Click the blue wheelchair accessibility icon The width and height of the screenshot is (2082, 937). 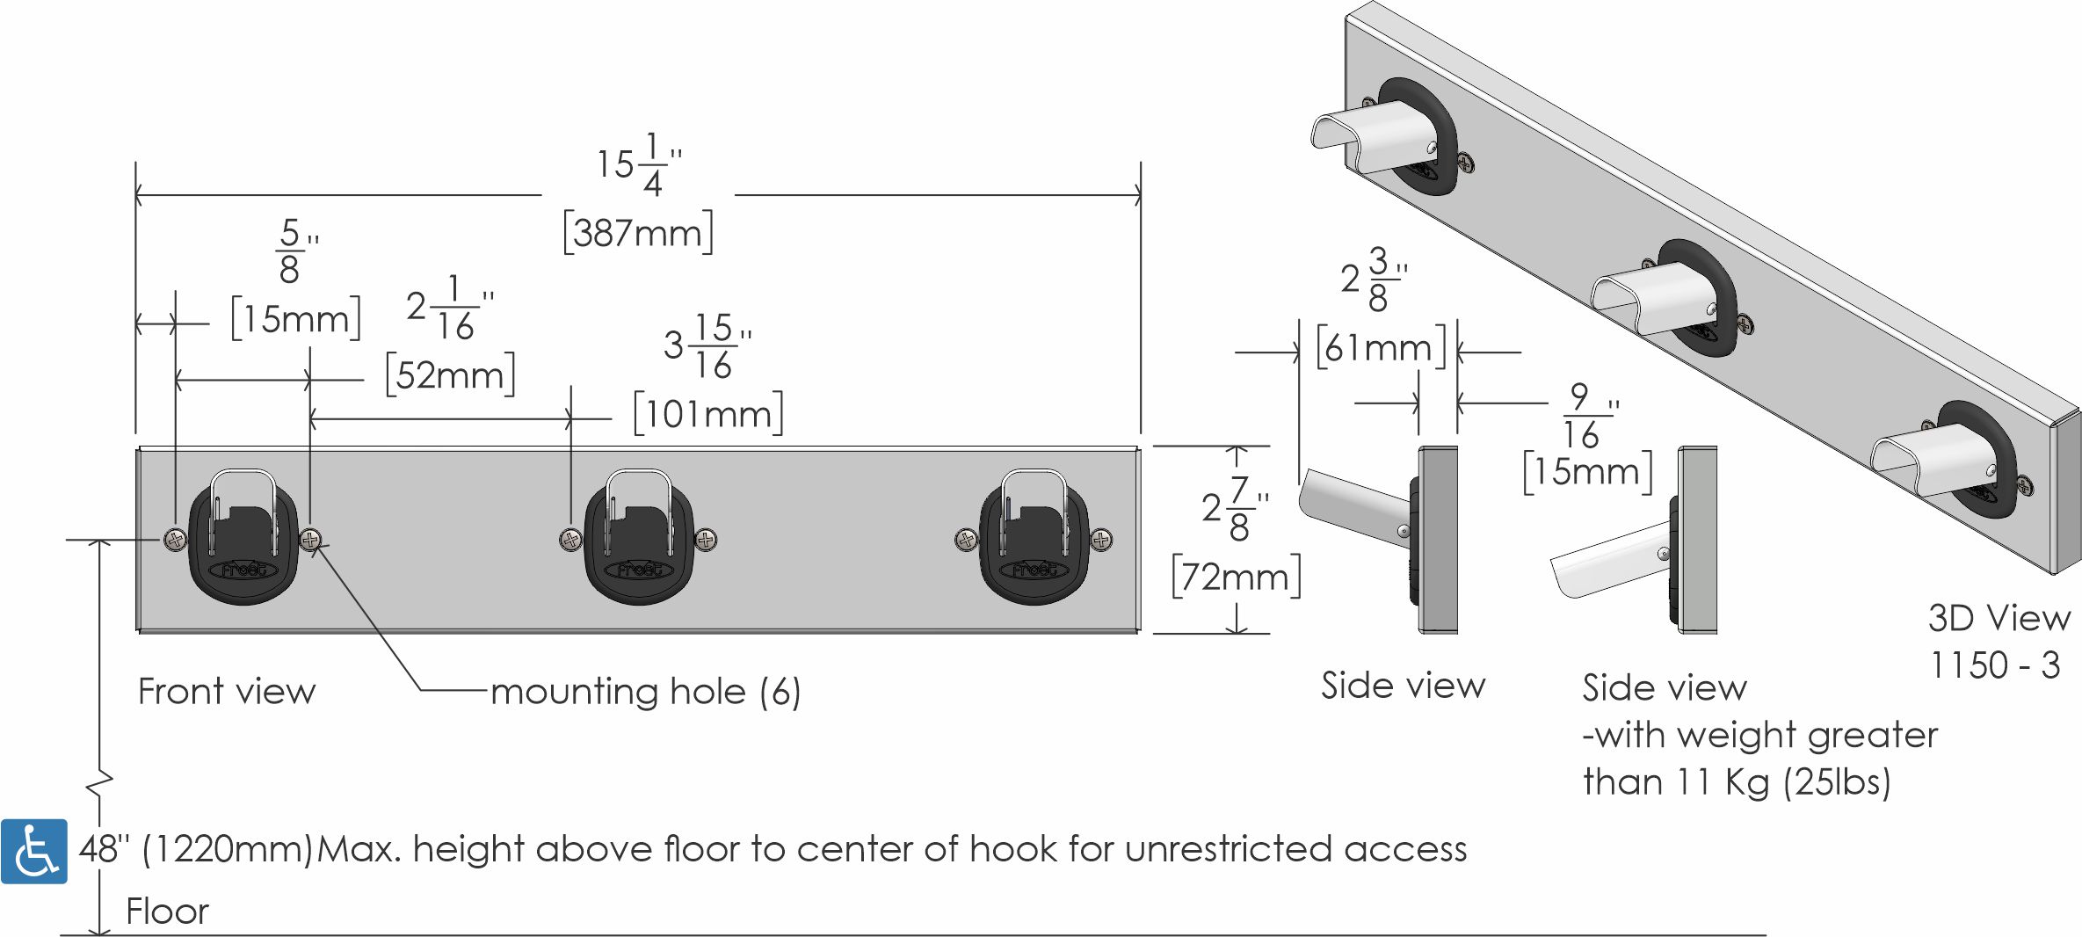pos(34,851)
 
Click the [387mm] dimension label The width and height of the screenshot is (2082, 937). pos(638,233)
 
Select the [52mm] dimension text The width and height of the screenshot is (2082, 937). pos(451,375)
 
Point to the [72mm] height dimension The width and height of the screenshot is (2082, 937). pos(1237,577)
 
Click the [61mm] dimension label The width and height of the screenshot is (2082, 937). pos(1381,348)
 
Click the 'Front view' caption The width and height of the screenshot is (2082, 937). pos(227,692)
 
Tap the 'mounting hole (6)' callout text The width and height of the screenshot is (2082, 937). pos(646,692)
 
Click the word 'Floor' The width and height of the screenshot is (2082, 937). pos(167,912)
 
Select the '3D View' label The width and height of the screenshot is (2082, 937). pos(1999,619)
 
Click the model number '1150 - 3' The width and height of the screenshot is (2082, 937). pos(1994,665)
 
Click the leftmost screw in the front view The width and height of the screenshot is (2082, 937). pos(176,539)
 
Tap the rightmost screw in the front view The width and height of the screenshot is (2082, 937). pos(1101,539)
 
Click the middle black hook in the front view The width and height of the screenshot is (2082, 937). pos(639,538)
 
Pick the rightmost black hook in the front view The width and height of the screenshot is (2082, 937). pos(1034,538)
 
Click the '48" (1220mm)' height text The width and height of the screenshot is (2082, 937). pos(195,850)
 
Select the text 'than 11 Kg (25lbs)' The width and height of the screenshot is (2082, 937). pos(1737,781)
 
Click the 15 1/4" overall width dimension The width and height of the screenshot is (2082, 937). pos(639,164)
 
